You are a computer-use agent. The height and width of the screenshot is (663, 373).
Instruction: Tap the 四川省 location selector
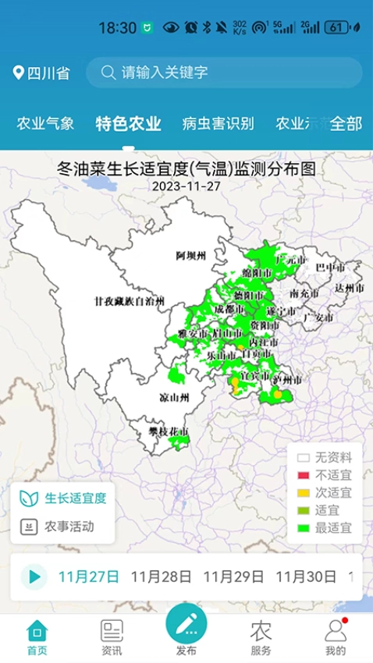(x=41, y=73)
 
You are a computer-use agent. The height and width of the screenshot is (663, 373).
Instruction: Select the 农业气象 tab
(x=46, y=123)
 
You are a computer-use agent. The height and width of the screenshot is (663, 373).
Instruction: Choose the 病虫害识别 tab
(x=218, y=123)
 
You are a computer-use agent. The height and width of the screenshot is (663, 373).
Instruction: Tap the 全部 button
(x=346, y=123)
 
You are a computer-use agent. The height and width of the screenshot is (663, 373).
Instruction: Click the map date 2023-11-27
(x=186, y=186)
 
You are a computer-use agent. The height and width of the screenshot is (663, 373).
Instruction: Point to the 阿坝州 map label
(x=190, y=255)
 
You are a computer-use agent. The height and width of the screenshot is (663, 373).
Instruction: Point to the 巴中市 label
(x=329, y=268)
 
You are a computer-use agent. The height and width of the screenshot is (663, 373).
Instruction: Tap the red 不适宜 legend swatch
(x=304, y=475)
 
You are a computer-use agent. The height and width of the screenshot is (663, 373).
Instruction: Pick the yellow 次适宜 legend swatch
(x=304, y=493)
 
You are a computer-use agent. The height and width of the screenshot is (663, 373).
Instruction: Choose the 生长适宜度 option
(x=63, y=498)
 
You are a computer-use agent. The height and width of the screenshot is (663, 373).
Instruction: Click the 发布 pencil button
(x=186, y=624)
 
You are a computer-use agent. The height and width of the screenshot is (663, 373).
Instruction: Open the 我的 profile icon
(x=336, y=636)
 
